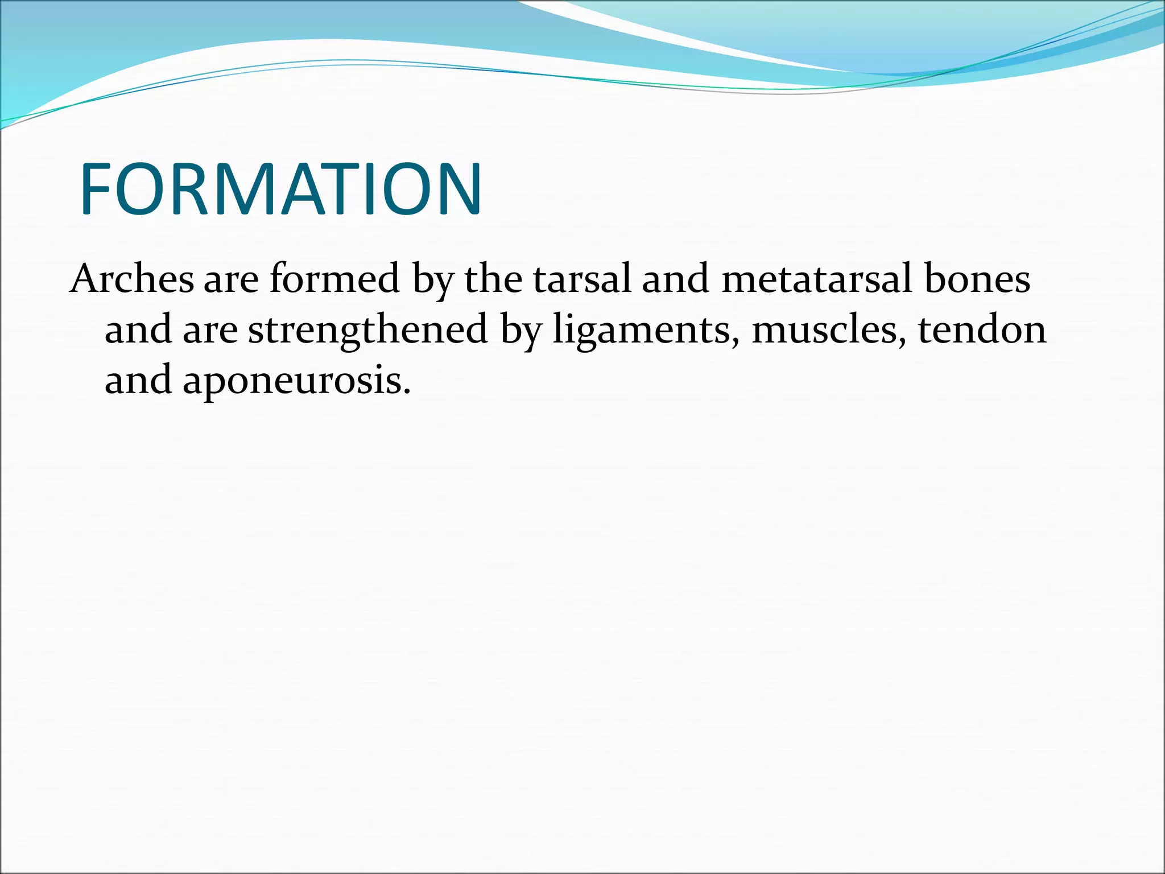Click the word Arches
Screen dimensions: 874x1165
pos(131,279)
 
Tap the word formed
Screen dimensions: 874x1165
pos(334,279)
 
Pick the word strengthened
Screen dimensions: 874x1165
pos(368,330)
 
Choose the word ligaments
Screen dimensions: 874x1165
pos(642,330)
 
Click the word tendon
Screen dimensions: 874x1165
pos(982,330)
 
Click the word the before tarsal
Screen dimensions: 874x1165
pos(493,279)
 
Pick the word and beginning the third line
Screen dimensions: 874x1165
pos(138,380)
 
